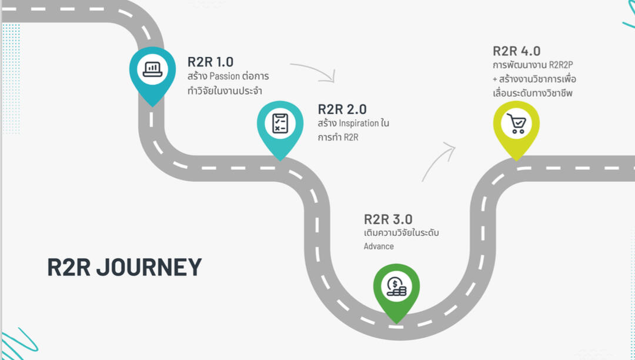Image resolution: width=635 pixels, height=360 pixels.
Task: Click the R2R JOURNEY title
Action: (124, 266)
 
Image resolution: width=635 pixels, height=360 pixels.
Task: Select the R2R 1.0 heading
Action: (210, 62)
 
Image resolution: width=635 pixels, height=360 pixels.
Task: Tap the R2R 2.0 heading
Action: (342, 109)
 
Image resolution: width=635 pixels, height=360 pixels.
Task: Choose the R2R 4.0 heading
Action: (516, 51)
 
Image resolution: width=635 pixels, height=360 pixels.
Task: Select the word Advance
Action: (379, 246)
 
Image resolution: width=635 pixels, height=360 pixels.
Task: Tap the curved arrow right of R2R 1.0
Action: (315, 71)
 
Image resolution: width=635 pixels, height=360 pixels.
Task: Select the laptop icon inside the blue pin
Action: (152, 68)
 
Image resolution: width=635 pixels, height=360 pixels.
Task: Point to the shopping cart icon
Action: (516, 123)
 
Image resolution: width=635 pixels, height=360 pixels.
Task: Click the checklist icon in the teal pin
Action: (280, 123)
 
